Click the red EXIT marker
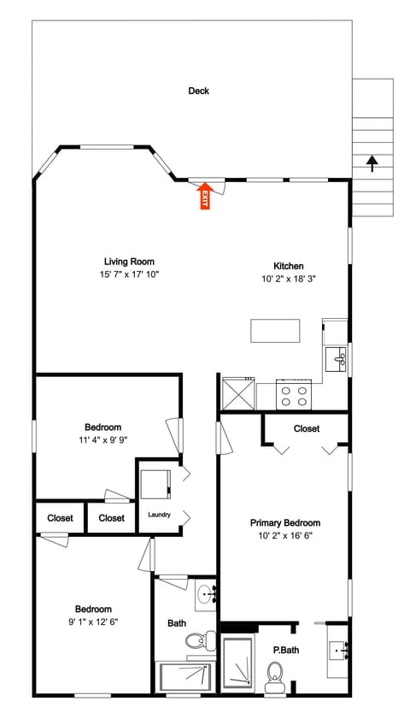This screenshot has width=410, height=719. pos(204,197)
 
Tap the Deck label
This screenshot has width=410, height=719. pos(199,91)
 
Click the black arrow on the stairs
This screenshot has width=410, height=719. pos(372,162)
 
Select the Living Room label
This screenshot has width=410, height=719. pos(129,262)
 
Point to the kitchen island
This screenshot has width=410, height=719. pos(275,330)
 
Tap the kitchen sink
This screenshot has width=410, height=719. pos(336,358)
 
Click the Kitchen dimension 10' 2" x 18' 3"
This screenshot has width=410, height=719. pos(289,279)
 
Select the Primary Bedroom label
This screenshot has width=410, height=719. pos(284,522)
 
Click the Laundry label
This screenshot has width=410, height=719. pos(160,515)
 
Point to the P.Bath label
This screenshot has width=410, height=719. pos(286,650)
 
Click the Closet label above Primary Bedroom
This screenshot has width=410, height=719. pos(306,428)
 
